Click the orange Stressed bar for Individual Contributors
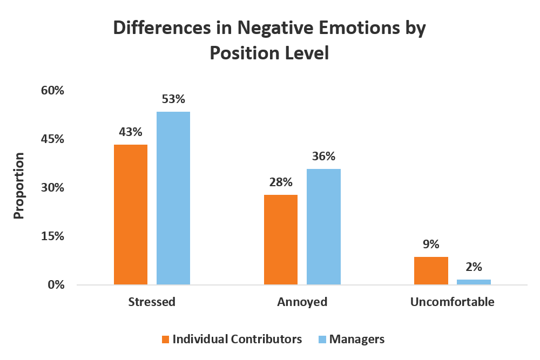pos(131,214)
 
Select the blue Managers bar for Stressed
pos(173,198)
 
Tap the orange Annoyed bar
pos(281,240)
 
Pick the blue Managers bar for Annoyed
pos(324,227)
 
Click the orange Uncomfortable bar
pos(431,270)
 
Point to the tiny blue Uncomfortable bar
pos(474,282)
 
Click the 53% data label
pos(173,99)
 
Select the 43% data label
pos(131,132)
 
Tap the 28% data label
pos(281,182)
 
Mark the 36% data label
pos(324,157)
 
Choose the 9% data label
pos(431,244)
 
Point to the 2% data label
pos(474,267)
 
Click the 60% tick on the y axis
pos(52,90)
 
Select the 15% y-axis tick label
pos(52,236)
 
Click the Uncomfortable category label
pos(452,302)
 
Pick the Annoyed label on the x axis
pos(302,302)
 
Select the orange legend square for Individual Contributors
pos(166,339)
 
